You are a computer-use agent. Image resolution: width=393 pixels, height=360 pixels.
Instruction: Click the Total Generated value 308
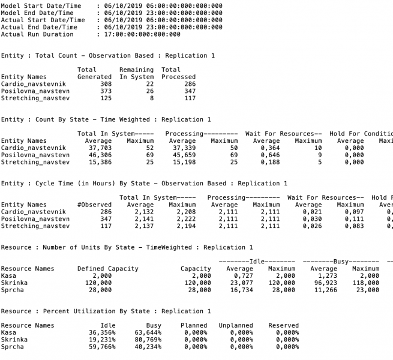point(103,85)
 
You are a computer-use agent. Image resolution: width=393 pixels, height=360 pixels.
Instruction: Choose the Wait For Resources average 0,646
point(266,155)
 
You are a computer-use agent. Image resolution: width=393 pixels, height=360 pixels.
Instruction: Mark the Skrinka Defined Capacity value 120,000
point(98,283)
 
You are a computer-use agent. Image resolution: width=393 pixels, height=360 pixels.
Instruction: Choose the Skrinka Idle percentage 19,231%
point(100,340)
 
